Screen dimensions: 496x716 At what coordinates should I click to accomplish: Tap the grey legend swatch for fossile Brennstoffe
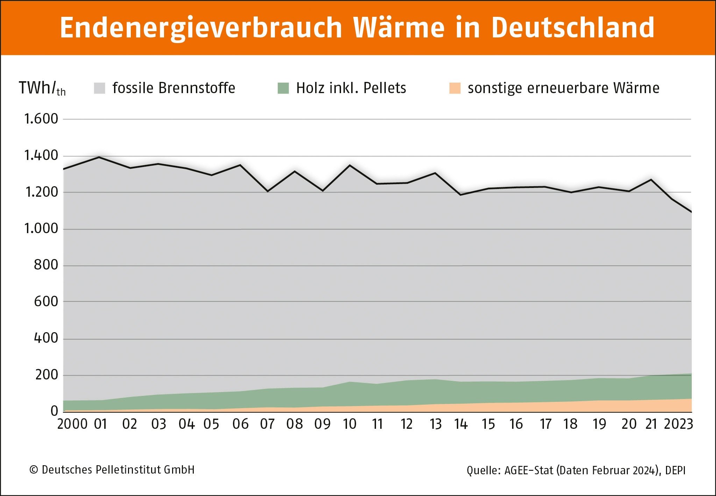pyautogui.click(x=100, y=88)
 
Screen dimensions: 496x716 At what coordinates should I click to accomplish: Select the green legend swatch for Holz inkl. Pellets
pyautogui.click(x=283, y=88)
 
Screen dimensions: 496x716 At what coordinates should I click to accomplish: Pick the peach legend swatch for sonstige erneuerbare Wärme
pyautogui.click(x=455, y=88)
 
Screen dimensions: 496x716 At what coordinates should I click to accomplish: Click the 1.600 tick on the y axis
pyautogui.click(x=41, y=119)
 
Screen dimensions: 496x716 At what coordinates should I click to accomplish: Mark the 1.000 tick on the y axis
pyautogui.click(x=41, y=229)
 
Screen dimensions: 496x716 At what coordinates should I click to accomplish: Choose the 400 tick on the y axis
pyautogui.click(x=46, y=338)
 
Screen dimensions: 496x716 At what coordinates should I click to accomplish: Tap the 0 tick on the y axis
pyautogui.click(x=54, y=411)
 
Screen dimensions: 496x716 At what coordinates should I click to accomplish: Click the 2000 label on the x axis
pyautogui.click(x=72, y=424)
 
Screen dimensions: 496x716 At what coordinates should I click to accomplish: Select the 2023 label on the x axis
pyautogui.click(x=678, y=424)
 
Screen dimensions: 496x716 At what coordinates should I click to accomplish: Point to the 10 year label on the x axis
pyautogui.click(x=349, y=424)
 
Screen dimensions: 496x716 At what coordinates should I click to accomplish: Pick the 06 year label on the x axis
pyautogui.click(x=240, y=424)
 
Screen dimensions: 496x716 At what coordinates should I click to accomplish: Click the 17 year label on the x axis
pyautogui.click(x=546, y=424)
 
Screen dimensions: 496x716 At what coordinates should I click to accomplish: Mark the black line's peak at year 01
pyautogui.click(x=99, y=157)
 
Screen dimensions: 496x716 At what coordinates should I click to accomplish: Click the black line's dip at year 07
pyautogui.click(x=268, y=191)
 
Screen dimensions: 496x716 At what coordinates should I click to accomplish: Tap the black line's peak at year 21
pyautogui.click(x=651, y=180)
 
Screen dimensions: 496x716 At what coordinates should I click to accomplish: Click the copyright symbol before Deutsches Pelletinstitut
pyautogui.click(x=34, y=470)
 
